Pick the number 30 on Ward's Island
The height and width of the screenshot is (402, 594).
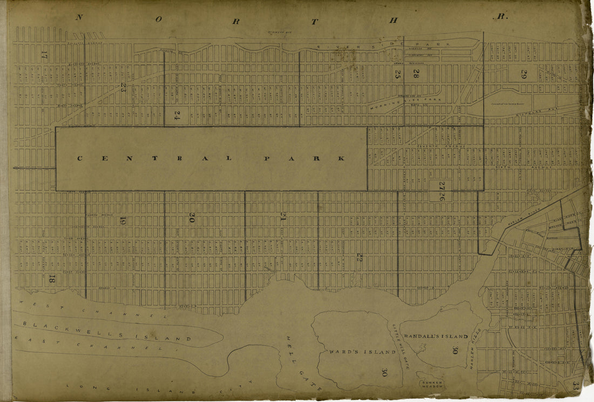[384, 372]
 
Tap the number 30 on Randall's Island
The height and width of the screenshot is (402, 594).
[456, 351]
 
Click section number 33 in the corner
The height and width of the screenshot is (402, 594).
[576, 387]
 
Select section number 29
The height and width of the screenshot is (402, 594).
[523, 75]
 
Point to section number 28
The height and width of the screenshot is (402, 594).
[416, 74]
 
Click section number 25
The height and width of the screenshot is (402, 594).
[397, 74]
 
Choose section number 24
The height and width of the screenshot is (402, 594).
[177, 115]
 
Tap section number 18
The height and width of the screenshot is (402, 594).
[52, 279]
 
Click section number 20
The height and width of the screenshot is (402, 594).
[192, 218]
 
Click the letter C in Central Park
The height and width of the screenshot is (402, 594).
[79, 158]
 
